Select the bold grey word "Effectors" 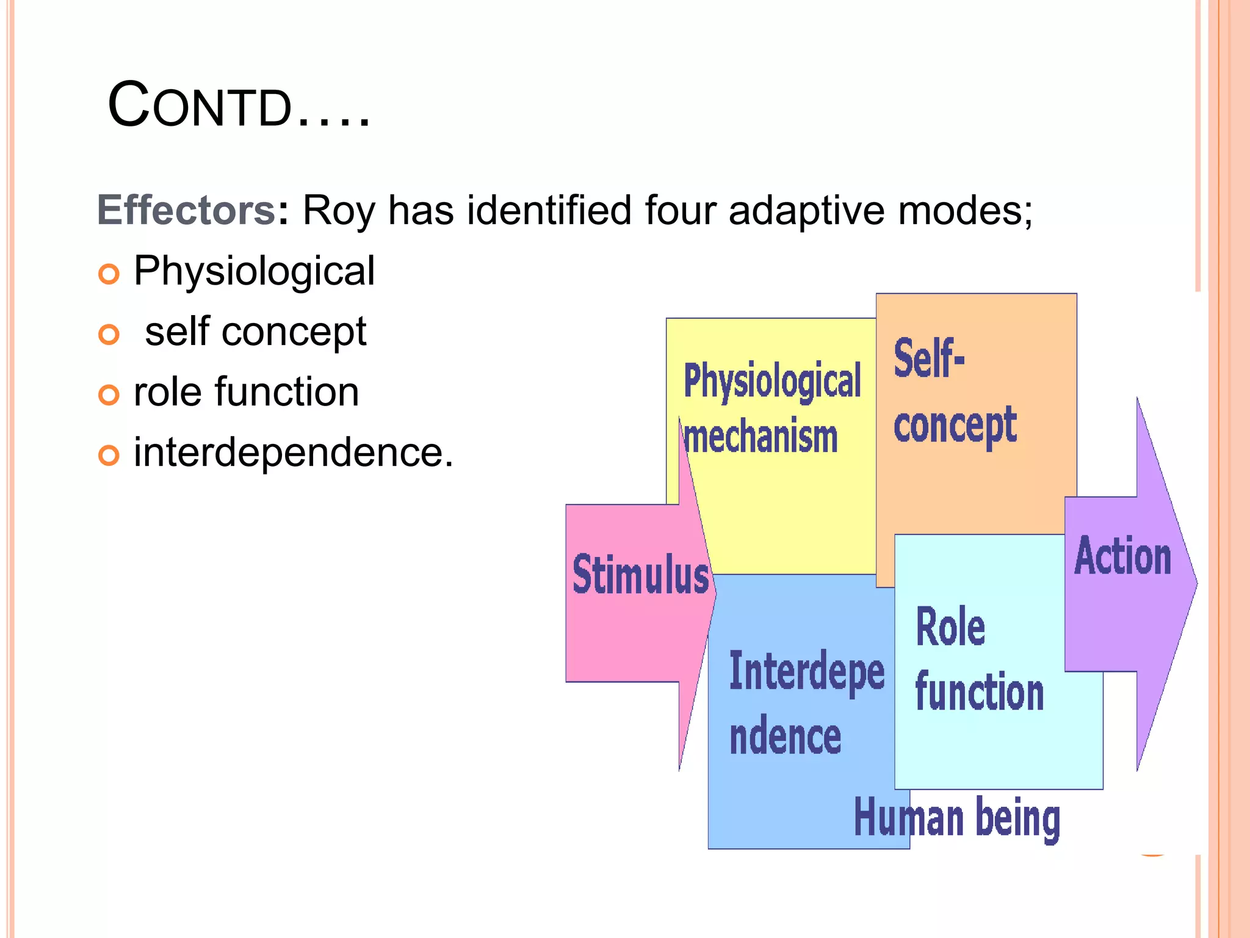[x=186, y=211]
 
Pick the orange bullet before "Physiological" [x=109, y=274]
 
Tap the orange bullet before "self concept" [x=109, y=334]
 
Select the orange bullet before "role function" [x=109, y=394]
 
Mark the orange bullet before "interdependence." [x=109, y=455]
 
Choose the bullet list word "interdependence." [x=294, y=453]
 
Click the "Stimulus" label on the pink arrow [x=640, y=575]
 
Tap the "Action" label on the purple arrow [x=1122, y=556]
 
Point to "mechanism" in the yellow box [x=761, y=437]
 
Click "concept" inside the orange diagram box [x=955, y=426]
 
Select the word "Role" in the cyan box [x=950, y=627]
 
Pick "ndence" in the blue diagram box [x=786, y=737]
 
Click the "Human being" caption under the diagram [x=956, y=818]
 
